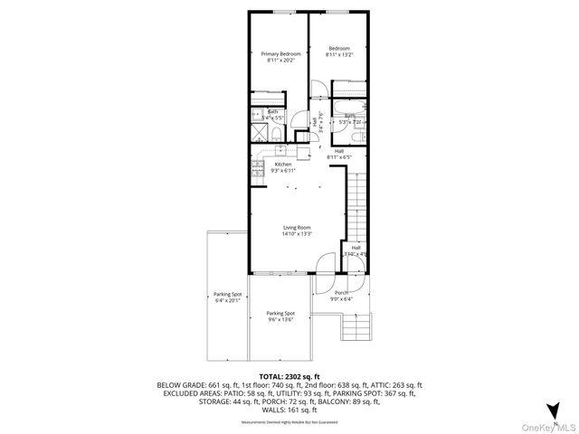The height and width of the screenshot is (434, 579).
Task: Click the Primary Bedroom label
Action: click(280, 54)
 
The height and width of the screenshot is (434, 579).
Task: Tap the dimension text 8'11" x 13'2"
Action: click(339, 55)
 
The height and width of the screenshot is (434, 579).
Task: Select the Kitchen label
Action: click(296, 164)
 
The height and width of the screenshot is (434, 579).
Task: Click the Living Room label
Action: click(297, 228)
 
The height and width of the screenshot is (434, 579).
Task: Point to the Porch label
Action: click(342, 292)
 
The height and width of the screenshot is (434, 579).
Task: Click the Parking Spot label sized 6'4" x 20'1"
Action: click(227, 295)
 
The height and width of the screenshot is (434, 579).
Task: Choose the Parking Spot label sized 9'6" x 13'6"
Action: click(280, 314)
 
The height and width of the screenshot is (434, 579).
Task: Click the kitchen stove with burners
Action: click(257, 168)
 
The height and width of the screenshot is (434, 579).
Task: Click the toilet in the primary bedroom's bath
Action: click(255, 116)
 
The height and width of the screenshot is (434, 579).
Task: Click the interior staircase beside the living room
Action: click(359, 203)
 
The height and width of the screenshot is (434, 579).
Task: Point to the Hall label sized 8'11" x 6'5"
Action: click(339, 155)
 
